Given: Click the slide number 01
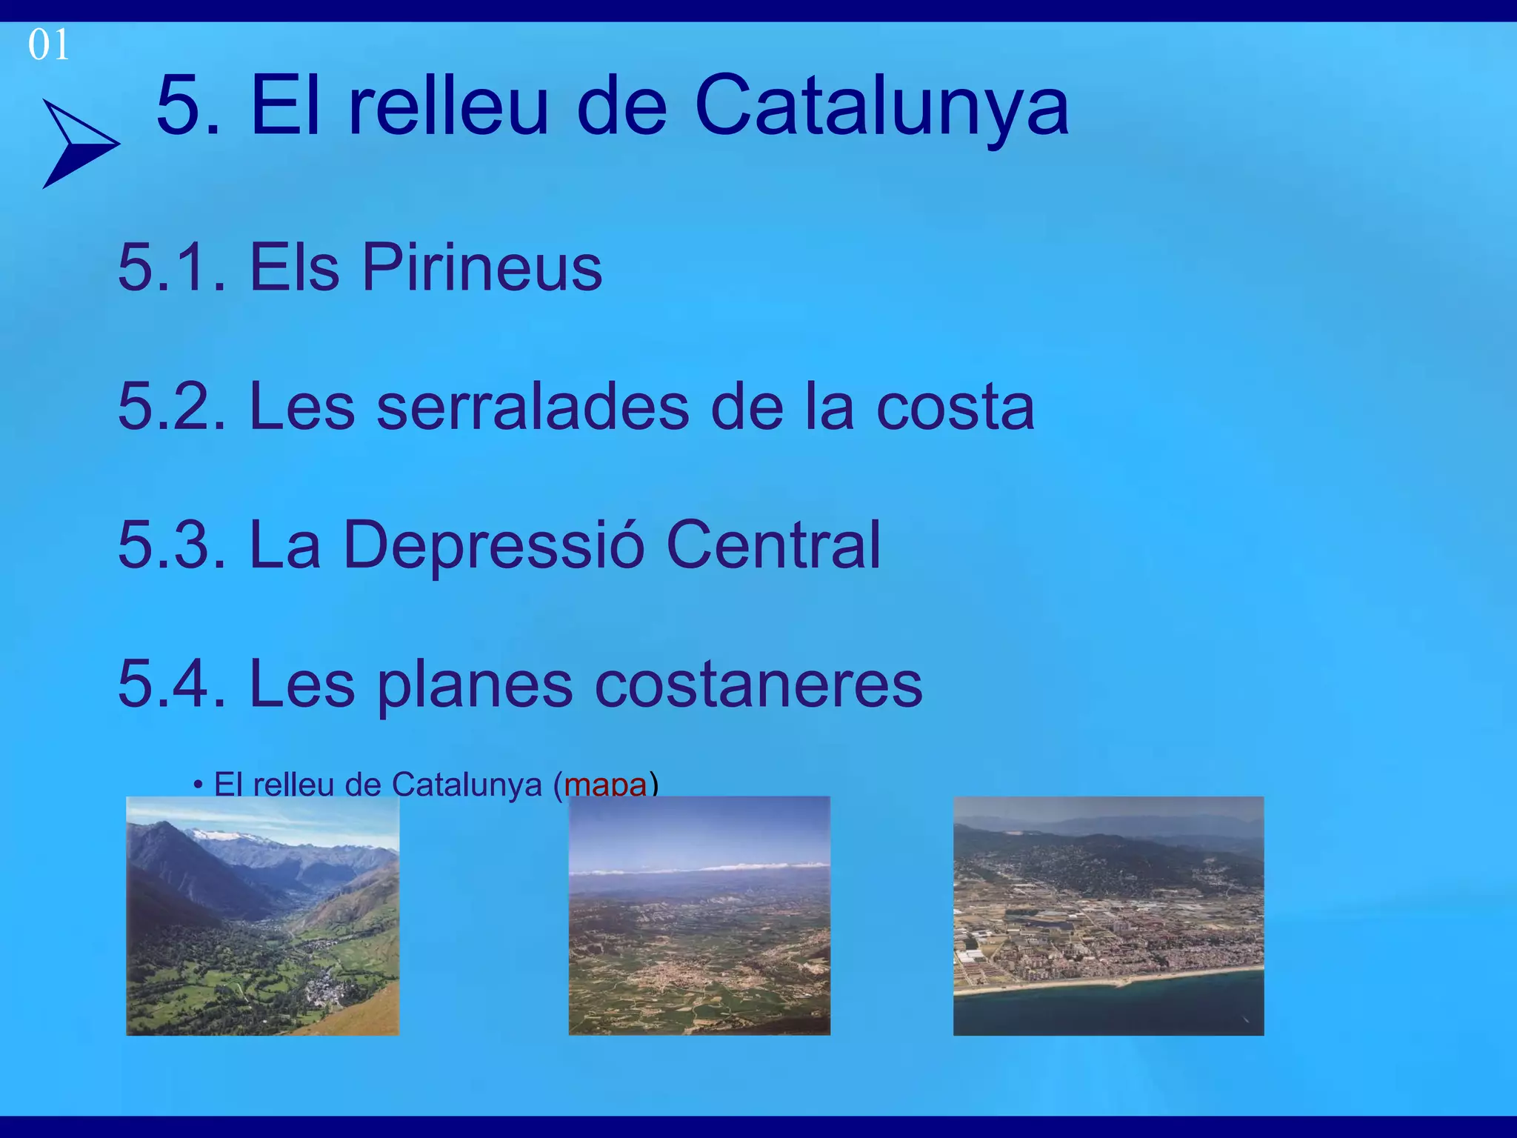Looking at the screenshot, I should (x=48, y=45).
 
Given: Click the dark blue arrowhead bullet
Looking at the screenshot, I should (x=78, y=143).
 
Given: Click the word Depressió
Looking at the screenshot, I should (x=493, y=545).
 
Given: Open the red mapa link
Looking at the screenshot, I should (x=605, y=785).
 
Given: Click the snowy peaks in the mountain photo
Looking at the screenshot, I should (x=230, y=836).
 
